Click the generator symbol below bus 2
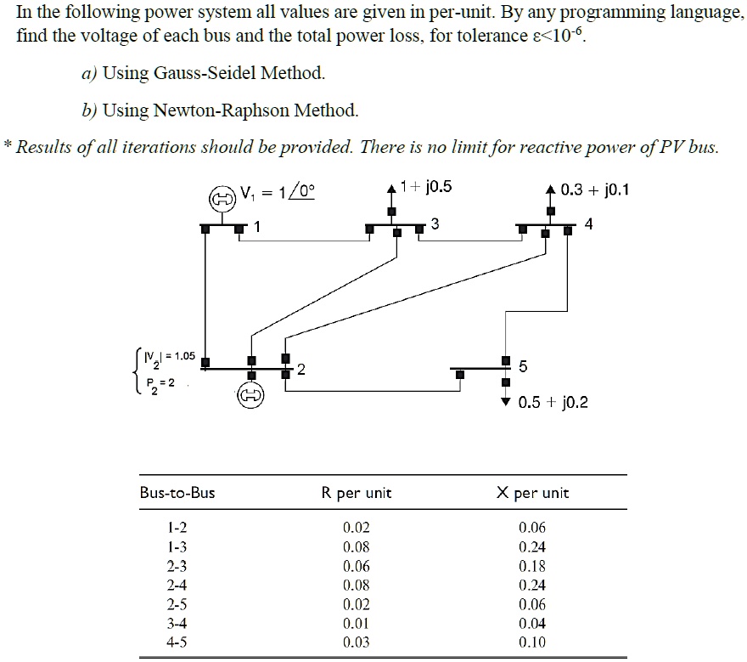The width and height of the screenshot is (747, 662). click(x=252, y=395)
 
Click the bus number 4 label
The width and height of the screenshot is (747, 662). click(x=589, y=224)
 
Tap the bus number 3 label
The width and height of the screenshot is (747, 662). click(x=435, y=223)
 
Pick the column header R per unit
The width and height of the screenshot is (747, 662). click(x=357, y=493)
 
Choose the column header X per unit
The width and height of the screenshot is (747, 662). click(x=532, y=493)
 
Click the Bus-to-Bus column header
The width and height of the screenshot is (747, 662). click(x=177, y=493)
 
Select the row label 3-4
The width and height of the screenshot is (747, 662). click(x=177, y=623)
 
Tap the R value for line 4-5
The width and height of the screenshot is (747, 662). click(x=357, y=642)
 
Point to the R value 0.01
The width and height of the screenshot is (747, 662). click(x=357, y=623)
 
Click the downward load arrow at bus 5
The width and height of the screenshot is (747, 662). click(x=507, y=401)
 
